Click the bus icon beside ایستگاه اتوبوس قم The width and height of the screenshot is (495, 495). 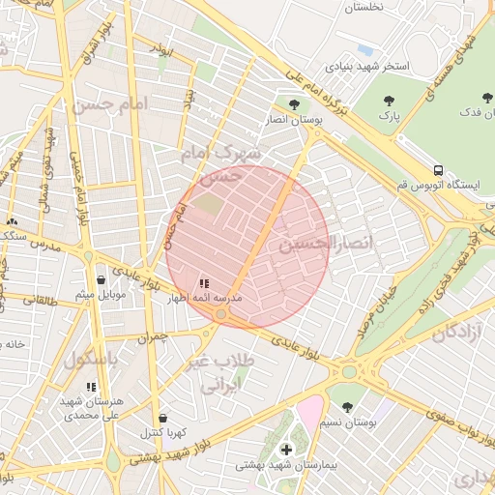click(439, 168)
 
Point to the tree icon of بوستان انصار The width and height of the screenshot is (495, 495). click(294, 102)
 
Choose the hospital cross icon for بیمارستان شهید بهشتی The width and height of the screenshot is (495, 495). click(286, 450)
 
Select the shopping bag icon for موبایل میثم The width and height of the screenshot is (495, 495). click(102, 279)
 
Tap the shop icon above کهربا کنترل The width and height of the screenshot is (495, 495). click(161, 417)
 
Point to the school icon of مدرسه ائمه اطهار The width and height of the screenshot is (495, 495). click(203, 283)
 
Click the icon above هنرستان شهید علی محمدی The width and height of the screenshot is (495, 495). click(92, 387)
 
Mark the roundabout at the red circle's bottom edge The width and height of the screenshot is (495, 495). click(221, 315)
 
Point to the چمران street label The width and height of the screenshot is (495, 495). click(153, 338)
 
